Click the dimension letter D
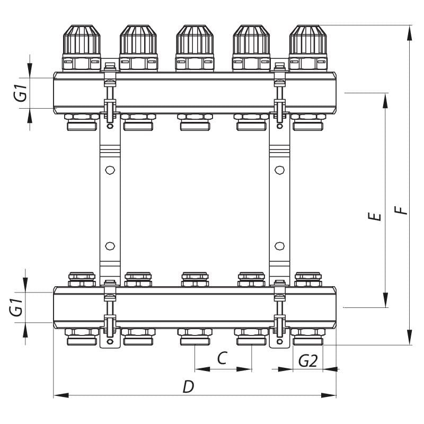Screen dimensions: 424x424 pyautogui.click(x=189, y=387)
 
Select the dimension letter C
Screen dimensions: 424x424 pyautogui.click(x=222, y=358)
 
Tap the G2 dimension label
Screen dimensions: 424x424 pyautogui.click(x=308, y=360)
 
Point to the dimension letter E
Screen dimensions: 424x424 pyautogui.click(x=375, y=216)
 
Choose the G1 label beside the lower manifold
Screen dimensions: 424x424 pyautogui.click(x=16, y=307)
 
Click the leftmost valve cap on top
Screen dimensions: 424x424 pyautogui.click(x=82, y=40)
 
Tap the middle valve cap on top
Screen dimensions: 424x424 pyautogui.click(x=195, y=40)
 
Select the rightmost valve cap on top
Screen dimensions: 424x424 pyautogui.click(x=308, y=40)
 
